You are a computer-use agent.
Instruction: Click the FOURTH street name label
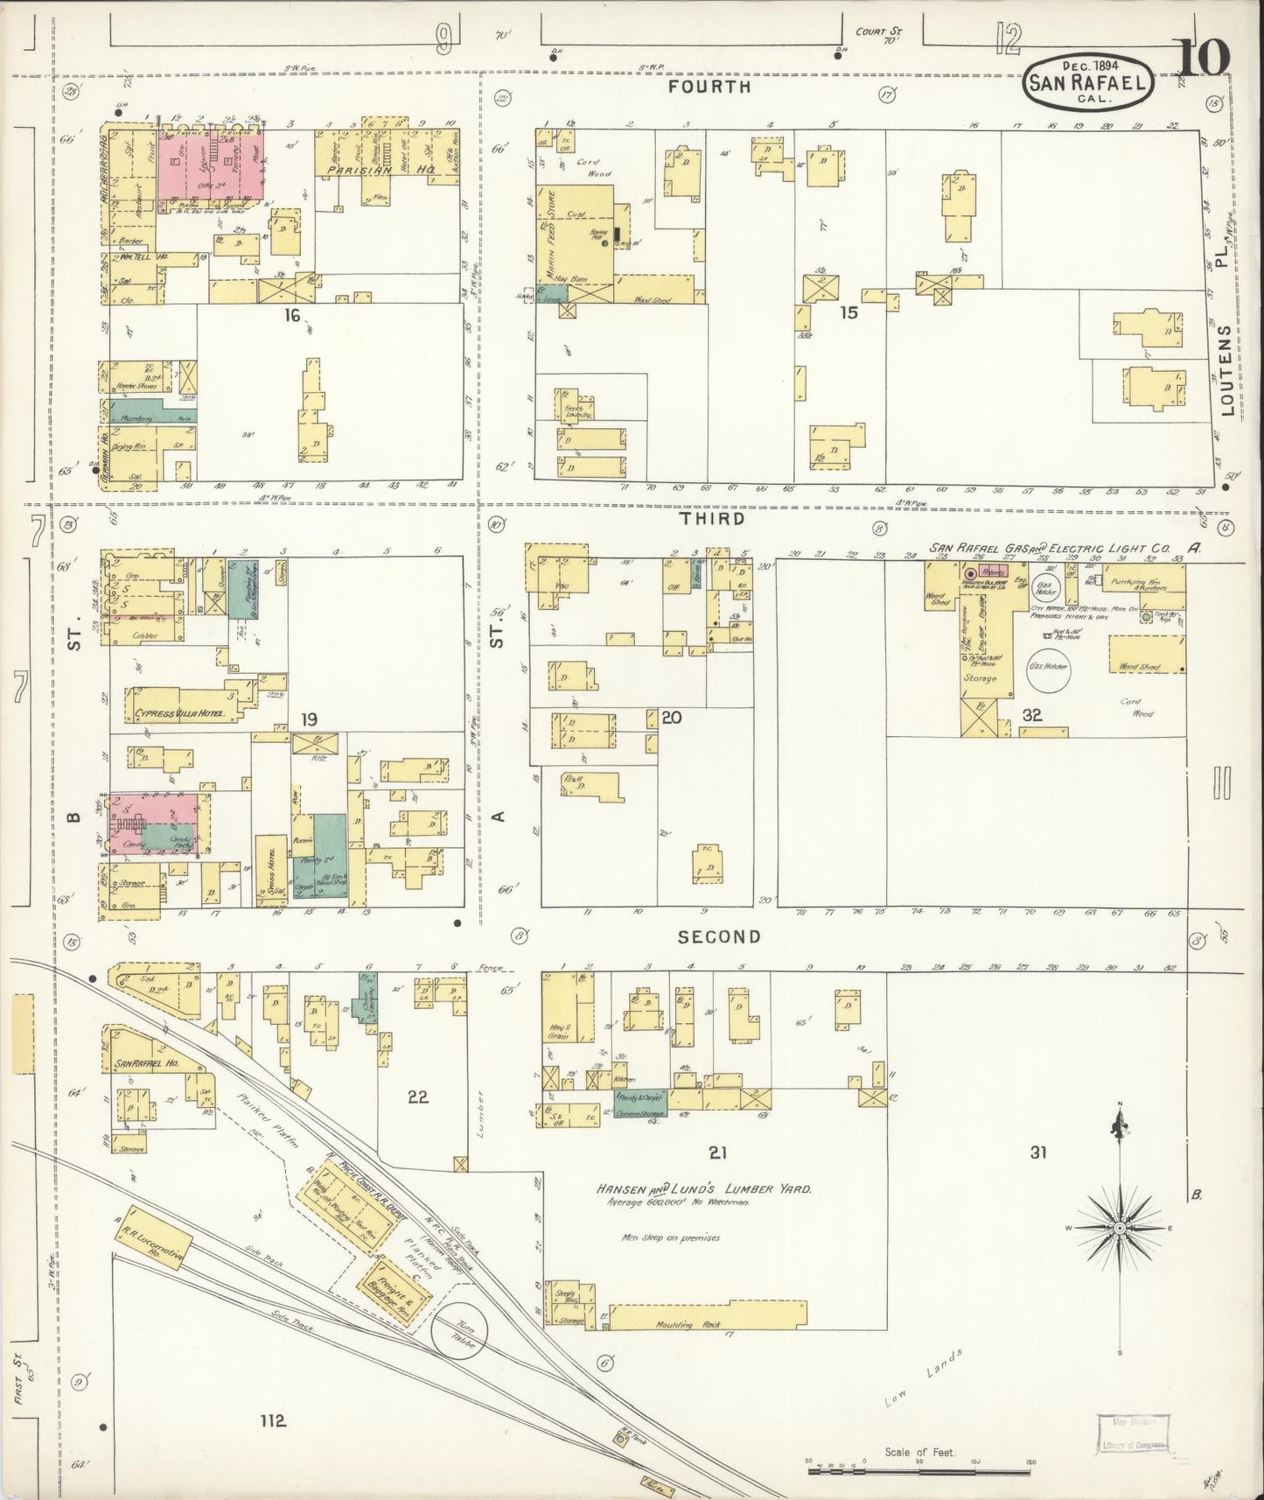point(721,88)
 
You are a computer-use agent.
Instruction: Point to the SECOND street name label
point(721,937)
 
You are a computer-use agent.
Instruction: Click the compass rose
point(1119,1230)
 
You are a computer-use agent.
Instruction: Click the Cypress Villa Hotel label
point(180,713)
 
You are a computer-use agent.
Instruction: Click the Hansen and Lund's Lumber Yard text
point(705,1190)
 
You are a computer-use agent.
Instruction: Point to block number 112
point(273,1419)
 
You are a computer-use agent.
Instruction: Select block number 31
point(1038,1153)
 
